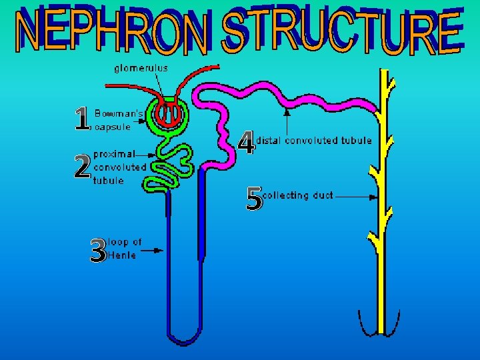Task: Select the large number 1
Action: pos(81,118)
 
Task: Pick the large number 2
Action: pos(82,167)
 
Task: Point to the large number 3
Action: pos(97,250)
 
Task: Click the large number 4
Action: pos(246,143)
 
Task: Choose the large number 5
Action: pos(254,199)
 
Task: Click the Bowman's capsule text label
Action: pos(118,119)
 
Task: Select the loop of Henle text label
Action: pos(124,248)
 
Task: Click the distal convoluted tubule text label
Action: pos(315,141)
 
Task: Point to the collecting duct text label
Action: pos(298,195)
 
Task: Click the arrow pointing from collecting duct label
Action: pos(354,197)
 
